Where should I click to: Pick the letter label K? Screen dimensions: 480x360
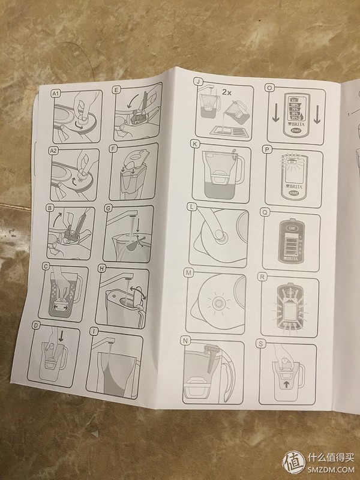pos(195,144)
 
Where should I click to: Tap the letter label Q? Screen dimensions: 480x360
pos(265,212)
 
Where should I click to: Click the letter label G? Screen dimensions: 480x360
pos(108,208)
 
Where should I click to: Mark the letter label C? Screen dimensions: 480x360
pos(46,268)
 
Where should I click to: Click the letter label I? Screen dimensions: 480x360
pos(94,331)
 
